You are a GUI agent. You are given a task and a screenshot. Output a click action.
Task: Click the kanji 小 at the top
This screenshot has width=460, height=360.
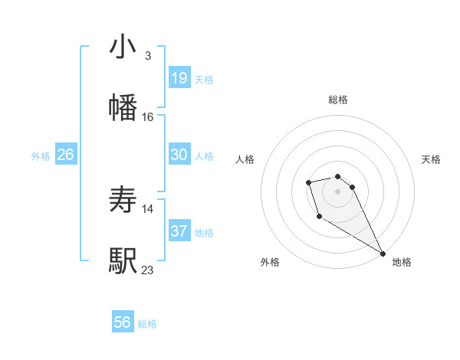coord(123,47)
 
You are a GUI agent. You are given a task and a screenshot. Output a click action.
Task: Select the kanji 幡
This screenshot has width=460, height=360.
coord(123,107)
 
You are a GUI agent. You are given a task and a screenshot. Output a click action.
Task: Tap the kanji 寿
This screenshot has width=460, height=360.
coord(123,201)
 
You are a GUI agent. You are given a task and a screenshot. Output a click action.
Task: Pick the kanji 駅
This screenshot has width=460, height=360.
coord(123,260)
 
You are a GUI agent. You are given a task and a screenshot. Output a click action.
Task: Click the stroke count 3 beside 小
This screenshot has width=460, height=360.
coord(147,56)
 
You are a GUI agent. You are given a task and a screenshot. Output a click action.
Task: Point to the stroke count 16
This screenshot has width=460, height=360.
coord(147,116)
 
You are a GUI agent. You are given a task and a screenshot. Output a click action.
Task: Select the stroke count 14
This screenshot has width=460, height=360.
coord(148,208)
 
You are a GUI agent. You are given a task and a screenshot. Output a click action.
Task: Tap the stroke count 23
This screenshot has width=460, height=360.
coord(148,270)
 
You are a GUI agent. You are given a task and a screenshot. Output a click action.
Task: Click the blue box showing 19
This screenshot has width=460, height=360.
coord(179,77)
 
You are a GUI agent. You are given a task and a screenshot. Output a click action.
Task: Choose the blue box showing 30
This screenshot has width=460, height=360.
coord(179,155)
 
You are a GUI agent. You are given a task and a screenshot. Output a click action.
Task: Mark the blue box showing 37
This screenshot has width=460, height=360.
coord(179,231)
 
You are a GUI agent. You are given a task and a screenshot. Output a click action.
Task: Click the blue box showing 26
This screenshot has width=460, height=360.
coord(66,155)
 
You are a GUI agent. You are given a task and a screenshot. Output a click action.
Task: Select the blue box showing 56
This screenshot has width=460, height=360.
coord(123,322)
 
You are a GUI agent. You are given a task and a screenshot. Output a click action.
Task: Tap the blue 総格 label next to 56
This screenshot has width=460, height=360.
coord(147,324)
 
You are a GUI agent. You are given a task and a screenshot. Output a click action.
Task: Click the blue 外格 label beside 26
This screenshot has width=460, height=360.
coord(41,156)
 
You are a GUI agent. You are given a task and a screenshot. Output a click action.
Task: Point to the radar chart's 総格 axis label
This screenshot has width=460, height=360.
coord(337,100)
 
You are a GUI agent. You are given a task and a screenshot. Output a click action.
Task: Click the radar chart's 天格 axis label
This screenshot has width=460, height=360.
coord(431,159)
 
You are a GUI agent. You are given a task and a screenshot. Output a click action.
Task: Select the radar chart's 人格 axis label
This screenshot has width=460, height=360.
coord(245,159)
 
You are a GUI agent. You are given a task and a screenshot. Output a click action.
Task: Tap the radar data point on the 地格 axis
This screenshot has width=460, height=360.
coord(383,253)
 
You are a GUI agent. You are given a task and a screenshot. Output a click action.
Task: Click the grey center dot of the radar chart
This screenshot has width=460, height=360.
coord(337,191)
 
